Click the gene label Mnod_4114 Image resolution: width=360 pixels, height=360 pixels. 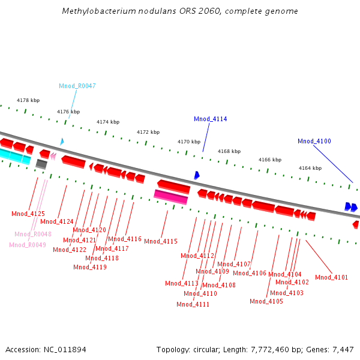[210, 119]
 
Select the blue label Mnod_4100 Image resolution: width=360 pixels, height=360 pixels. [314, 141]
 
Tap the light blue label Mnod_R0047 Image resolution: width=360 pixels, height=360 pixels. [77, 86]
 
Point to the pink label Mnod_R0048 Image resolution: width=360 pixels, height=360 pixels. [33, 234]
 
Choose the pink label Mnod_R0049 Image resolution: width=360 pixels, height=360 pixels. [28, 245]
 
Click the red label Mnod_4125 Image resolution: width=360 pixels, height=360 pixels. [28, 214]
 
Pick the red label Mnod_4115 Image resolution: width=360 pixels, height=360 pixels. [161, 241]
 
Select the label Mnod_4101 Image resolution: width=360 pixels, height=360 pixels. [331, 277]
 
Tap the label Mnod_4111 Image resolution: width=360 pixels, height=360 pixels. [193, 304]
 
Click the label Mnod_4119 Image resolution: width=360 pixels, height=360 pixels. [90, 267]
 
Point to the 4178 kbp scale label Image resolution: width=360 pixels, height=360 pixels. [28, 100]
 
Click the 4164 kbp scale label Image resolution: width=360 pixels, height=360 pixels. [310, 169]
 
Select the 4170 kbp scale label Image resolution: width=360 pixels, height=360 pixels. [189, 142]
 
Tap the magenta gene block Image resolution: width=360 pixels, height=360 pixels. [171, 196]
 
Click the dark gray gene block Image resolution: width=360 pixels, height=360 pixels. [41, 163]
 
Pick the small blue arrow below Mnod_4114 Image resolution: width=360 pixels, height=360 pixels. [196, 175]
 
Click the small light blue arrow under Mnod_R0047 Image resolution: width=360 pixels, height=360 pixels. [61, 142]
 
